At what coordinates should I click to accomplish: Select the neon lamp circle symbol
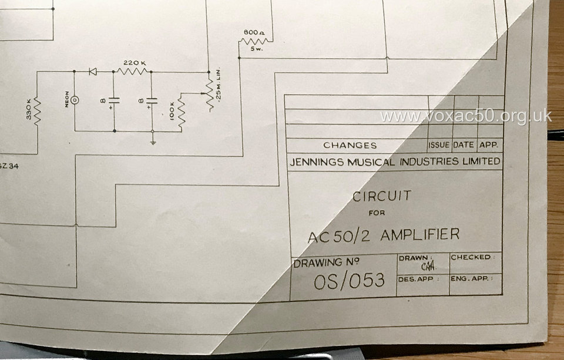click(75, 99)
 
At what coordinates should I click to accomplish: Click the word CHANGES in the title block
click(350, 145)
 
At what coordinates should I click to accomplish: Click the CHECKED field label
click(471, 257)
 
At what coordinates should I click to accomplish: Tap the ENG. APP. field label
click(471, 278)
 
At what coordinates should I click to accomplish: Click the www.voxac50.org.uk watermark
click(465, 116)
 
